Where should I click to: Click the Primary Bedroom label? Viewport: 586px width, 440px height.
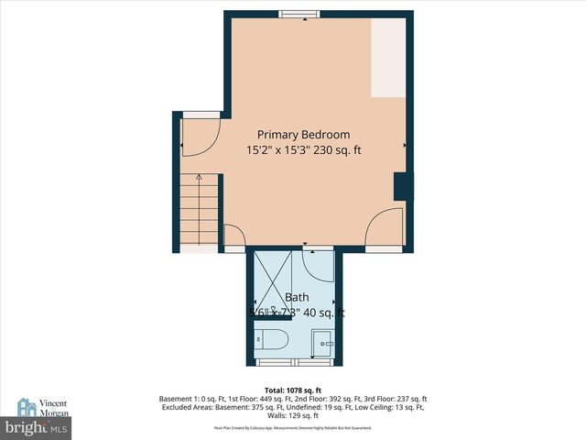coord(302,134)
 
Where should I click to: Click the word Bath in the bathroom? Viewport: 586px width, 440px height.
coord(297,297)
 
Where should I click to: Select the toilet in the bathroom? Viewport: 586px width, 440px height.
coord(272,341)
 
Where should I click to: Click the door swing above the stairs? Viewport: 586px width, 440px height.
coord(196,137)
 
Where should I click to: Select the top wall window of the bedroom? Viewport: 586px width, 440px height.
coord(299,13)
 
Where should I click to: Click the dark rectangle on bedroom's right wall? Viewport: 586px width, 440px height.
coord(400,186)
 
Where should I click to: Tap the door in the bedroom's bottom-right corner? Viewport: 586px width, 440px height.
coord(385,229)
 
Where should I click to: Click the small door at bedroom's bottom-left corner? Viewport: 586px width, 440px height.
coord(233,236)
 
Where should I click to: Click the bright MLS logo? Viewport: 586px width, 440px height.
coord(36,428)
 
